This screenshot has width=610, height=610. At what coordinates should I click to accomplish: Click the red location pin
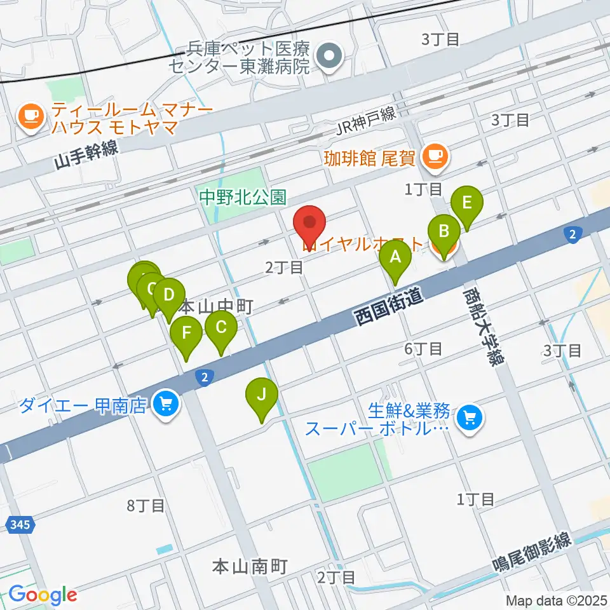[x=310, y=224]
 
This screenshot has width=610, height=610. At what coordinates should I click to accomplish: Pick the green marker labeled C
[x=221, y=329]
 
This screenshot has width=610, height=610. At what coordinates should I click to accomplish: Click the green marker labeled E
[x=467, y=205]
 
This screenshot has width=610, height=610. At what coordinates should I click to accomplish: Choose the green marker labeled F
[x=186, y=334]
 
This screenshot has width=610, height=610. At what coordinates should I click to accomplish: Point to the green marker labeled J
[x=262, y=395]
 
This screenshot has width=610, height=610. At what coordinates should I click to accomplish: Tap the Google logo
[x=43, y=595]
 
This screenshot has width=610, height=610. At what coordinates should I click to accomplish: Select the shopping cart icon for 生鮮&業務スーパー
[x=471, y=417]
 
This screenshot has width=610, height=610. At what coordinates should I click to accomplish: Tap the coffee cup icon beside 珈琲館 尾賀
[x=435, y=154]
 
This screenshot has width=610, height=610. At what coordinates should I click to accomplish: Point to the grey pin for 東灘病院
[x=329, y=57]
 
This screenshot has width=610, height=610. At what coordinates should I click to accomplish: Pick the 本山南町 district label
[x=250, y=565]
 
